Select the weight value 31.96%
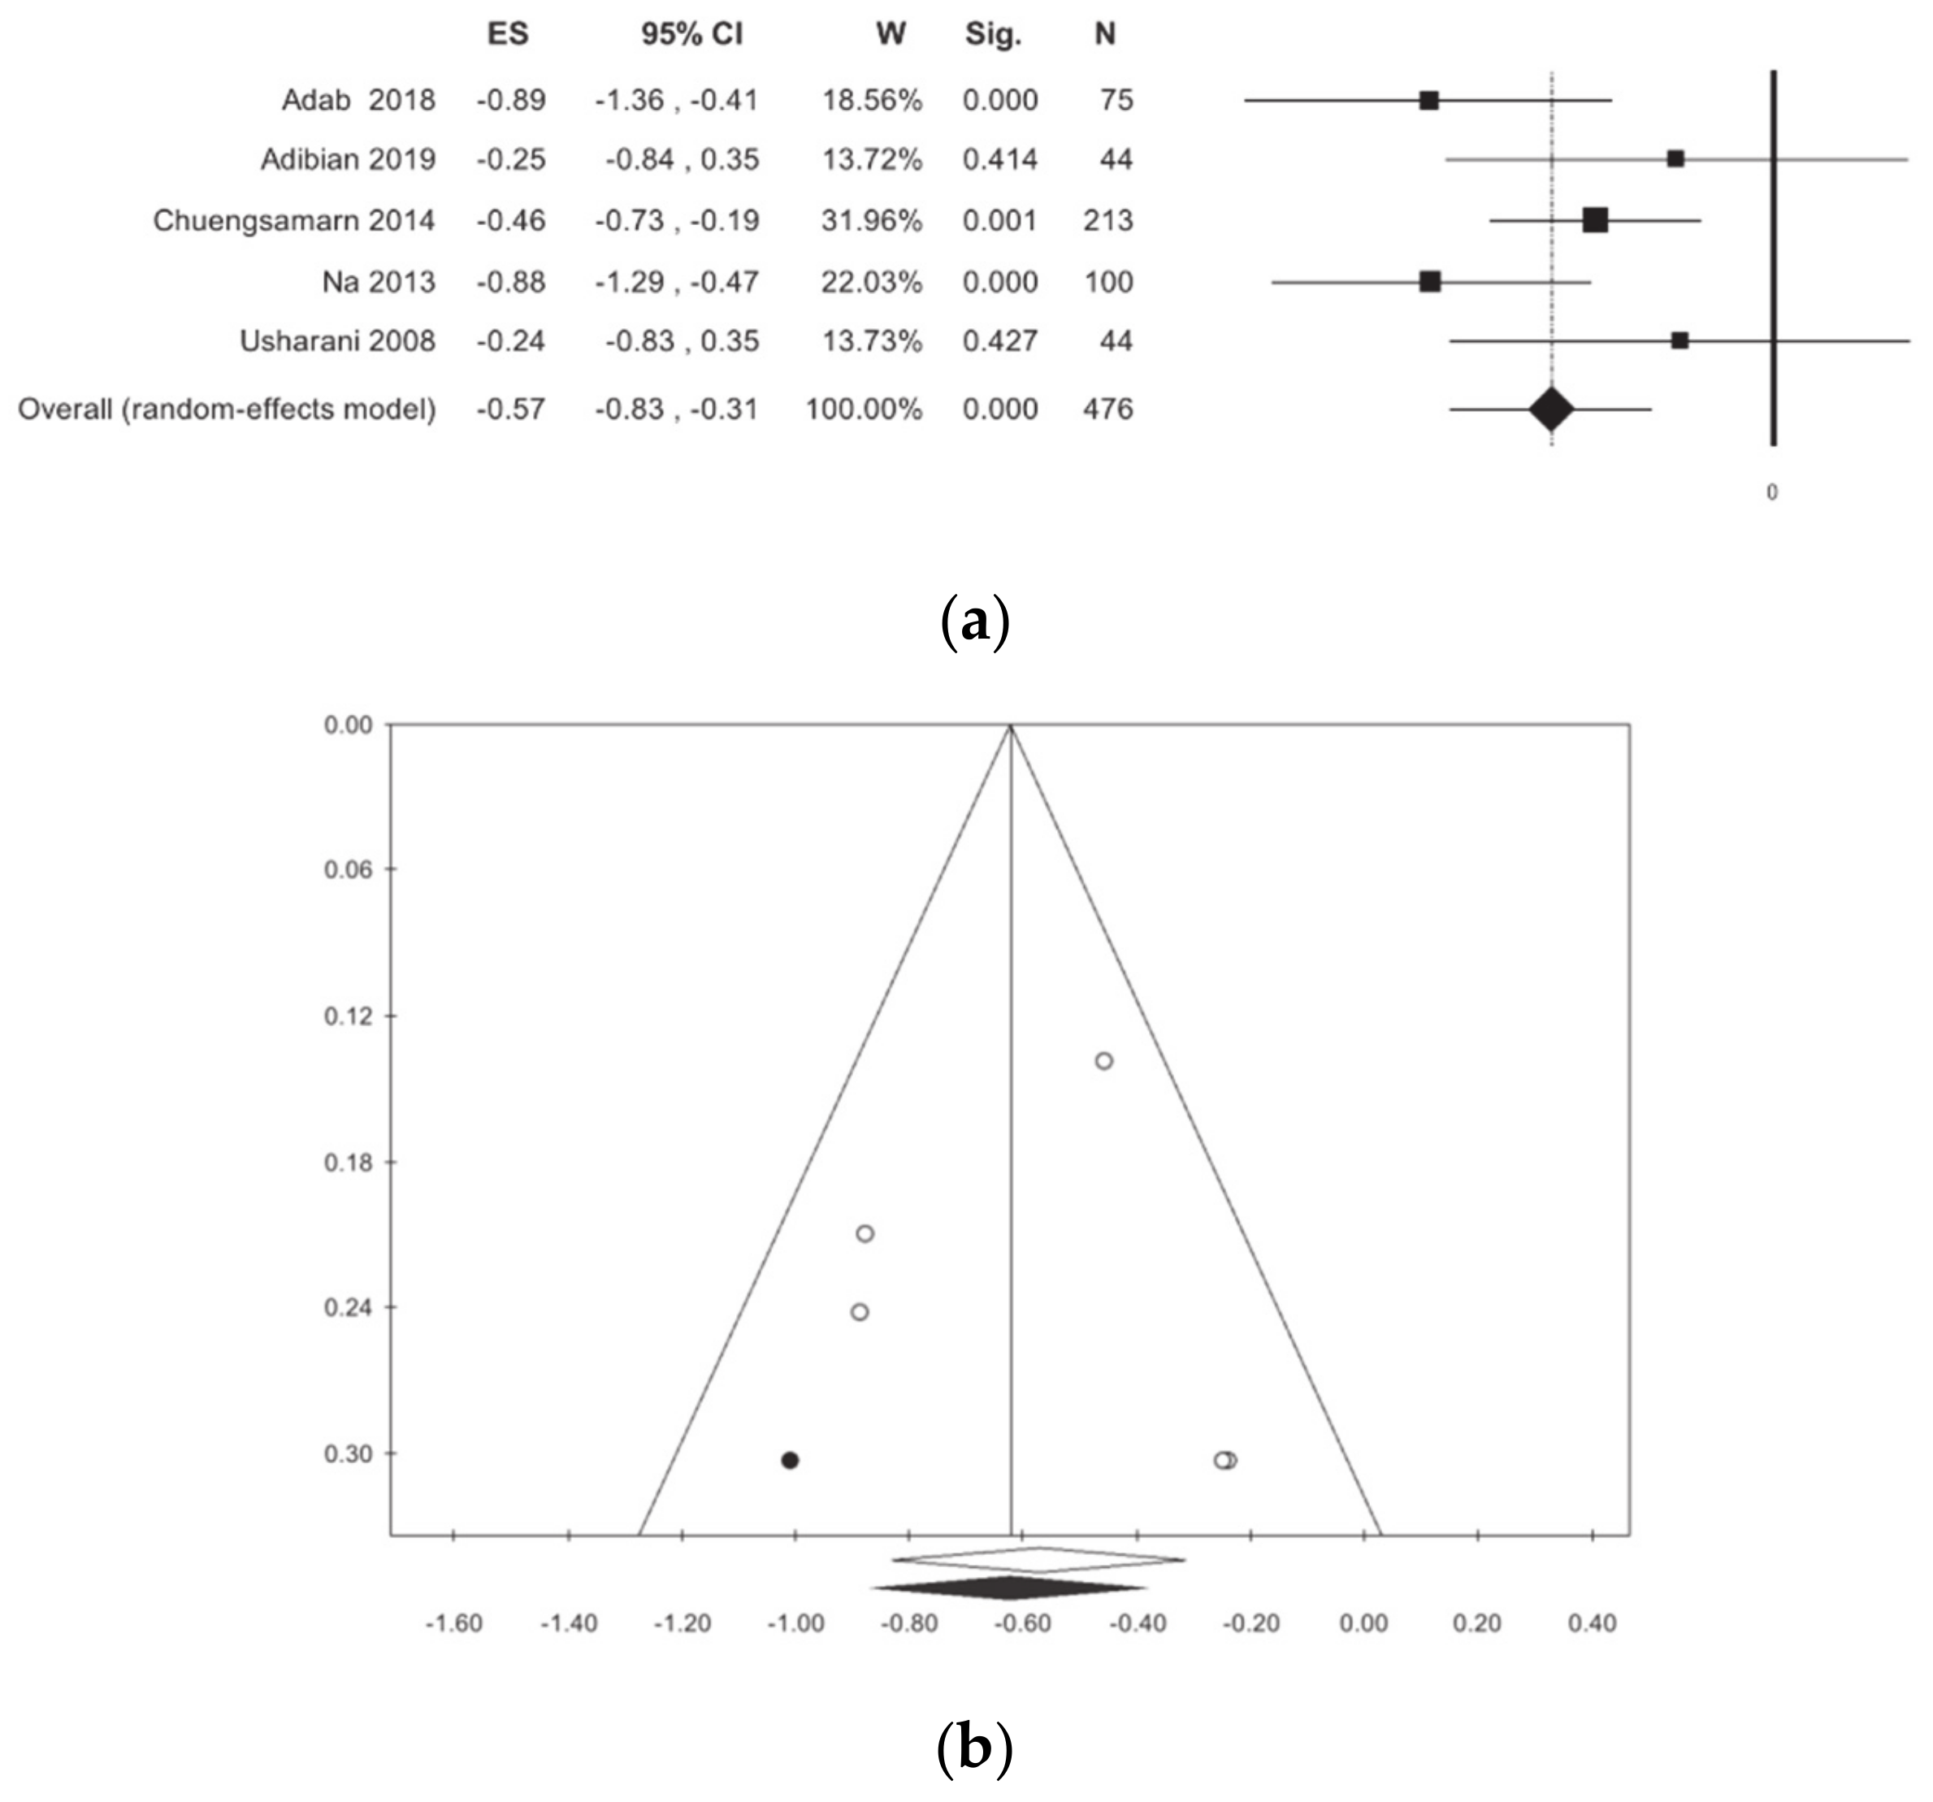coord(871,221)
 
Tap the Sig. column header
coord(993,35)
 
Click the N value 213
coord(1107,221)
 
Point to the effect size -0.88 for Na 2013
coord(510,282)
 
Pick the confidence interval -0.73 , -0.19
coord(677,221)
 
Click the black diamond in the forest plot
coord(1551,409)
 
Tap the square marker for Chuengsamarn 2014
coord(1595,221)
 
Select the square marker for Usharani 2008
coord(1679,340)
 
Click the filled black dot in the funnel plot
coord(790,1460)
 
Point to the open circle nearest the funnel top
coord(1103,1061)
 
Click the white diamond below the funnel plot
coord(1038,1561)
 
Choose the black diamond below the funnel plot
coord(1009,1589)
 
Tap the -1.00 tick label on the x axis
coord(795,1623)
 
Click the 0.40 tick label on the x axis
coord(1592,1623)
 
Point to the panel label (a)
coord(975,623)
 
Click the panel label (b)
coord(974,1748)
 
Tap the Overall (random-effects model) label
coord(227,409)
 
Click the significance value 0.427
coord(999,341)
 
